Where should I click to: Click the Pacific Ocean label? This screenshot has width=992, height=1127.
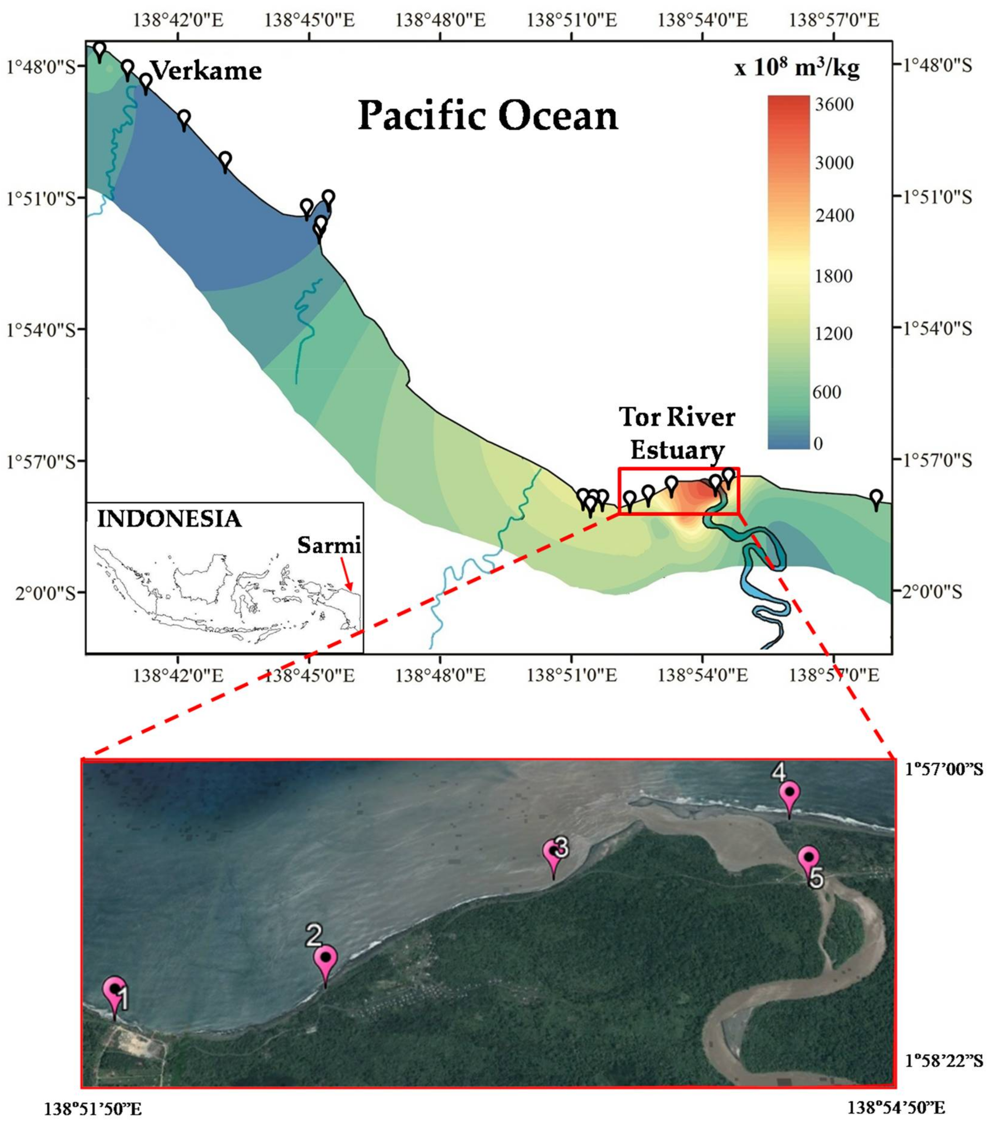[x=488, y=116]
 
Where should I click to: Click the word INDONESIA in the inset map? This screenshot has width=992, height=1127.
[x=169, y=519]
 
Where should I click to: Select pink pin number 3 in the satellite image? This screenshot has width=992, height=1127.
[x=554, y=854]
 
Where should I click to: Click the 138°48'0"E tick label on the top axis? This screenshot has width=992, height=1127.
[x=440, y=20]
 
